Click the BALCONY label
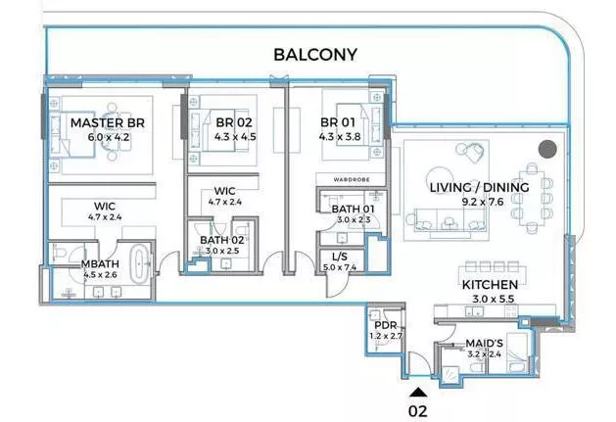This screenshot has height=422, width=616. click(315, 55)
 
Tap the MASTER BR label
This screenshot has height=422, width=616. click(108, 123)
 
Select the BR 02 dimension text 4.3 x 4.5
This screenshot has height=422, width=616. click(235, 137)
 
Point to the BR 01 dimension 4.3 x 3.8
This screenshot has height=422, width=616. click(340, 137)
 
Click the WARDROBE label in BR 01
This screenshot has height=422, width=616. click(352, 179)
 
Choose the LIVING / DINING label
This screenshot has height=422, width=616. click(479, 187)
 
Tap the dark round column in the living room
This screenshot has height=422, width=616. click(547, 149)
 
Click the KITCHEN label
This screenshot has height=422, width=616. click(490, 285)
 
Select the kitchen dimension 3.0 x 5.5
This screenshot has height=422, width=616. click(493, 299)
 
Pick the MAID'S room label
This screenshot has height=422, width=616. click(484, 344)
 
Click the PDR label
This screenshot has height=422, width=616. click(386, 325)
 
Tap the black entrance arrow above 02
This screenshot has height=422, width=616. click(418, 393)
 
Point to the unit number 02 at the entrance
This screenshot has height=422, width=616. click(417, 411)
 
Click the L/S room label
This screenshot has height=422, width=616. click(340, 257)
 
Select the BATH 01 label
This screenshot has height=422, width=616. click(353, 209)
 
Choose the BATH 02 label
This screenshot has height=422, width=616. click(222, 240)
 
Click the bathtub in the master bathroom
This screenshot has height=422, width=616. click(138, 263)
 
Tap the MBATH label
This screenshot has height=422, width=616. click(100, 264)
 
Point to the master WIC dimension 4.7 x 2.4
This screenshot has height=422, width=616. click(105, 217)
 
